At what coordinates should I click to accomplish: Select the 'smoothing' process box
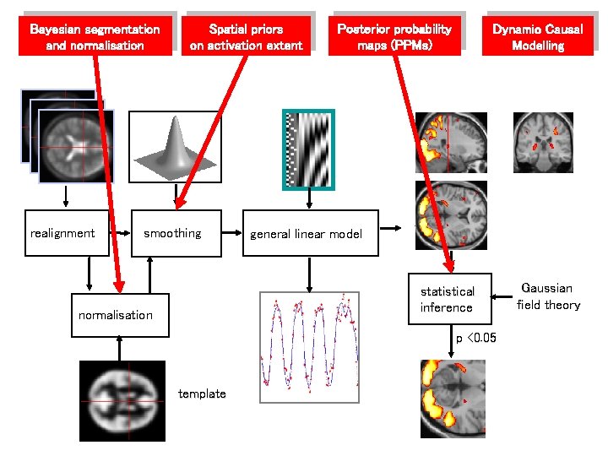click(x=177, y=233)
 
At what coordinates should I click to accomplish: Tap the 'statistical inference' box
click(x=448, y=299)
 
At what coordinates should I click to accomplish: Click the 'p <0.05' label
click(x=476, y=339)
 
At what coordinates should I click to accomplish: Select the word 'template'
click(x=202, y=394)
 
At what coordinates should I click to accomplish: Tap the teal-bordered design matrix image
click(x=308, y=150)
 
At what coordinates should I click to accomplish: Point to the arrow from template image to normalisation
click(x=119, y=348)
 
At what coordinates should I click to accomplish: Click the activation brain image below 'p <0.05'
click(x=453, y=398)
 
